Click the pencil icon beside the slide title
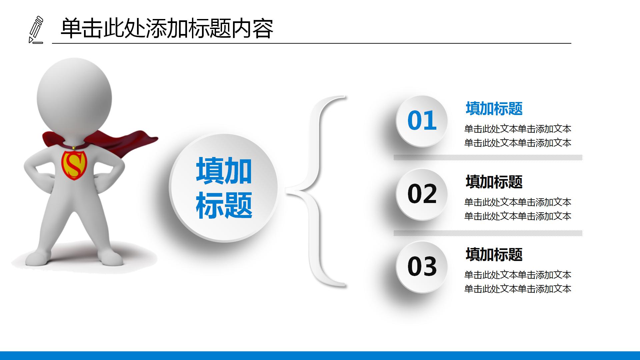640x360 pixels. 36,30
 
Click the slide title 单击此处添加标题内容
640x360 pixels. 167,29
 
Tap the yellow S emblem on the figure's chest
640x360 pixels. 74,165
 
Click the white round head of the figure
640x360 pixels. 74,97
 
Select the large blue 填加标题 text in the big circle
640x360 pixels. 224,188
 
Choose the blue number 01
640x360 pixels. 422,121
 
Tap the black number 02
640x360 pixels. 422,194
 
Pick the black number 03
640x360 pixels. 422,267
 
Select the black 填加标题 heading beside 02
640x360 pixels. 494,182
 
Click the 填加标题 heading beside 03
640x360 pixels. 494,255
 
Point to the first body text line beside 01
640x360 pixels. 518,129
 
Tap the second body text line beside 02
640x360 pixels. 518,216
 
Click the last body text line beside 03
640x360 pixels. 518,289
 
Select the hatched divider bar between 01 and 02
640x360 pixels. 488,157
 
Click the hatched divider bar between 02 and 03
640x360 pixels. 488,233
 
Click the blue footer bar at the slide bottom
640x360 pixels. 320,355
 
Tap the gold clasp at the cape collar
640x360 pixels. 73,147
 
